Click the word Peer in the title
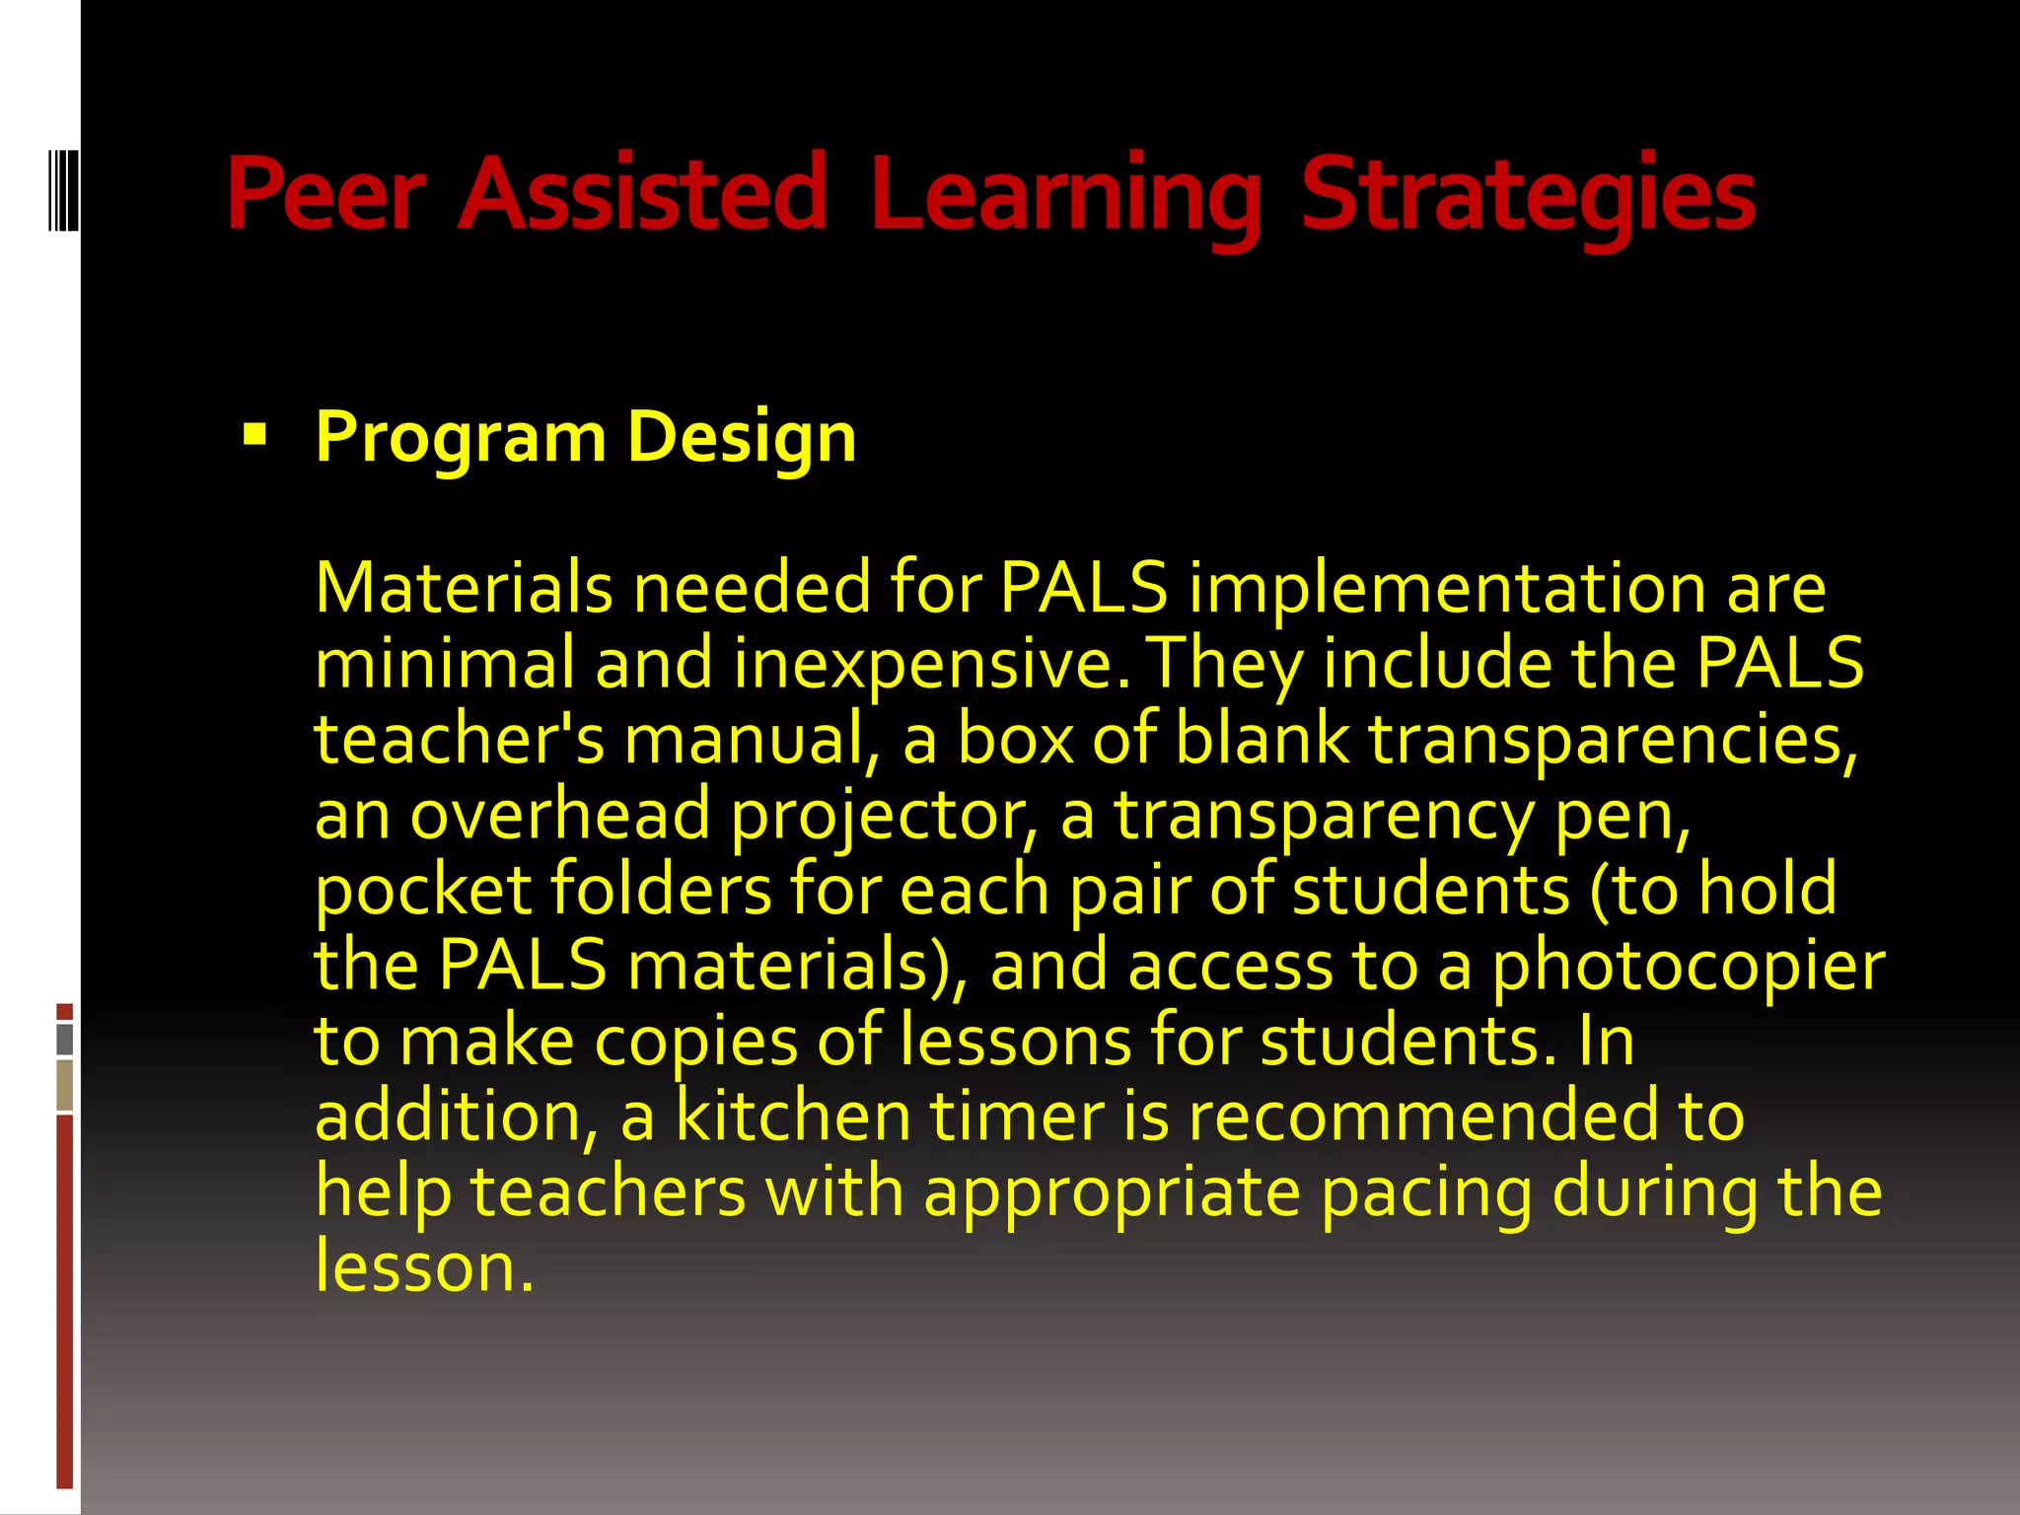click(x=326, y=194)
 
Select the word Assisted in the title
click(x=642, y=194)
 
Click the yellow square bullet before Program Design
click(x=254, y=434)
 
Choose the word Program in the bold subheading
click(x=461, y=438)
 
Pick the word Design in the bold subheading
click(x=742, y=438)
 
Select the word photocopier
click(x=1688, y=967)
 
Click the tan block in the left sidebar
click(x=65, y=1086)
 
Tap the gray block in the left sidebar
click(x=65, y=1040)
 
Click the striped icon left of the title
click(x=63, y=187)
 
